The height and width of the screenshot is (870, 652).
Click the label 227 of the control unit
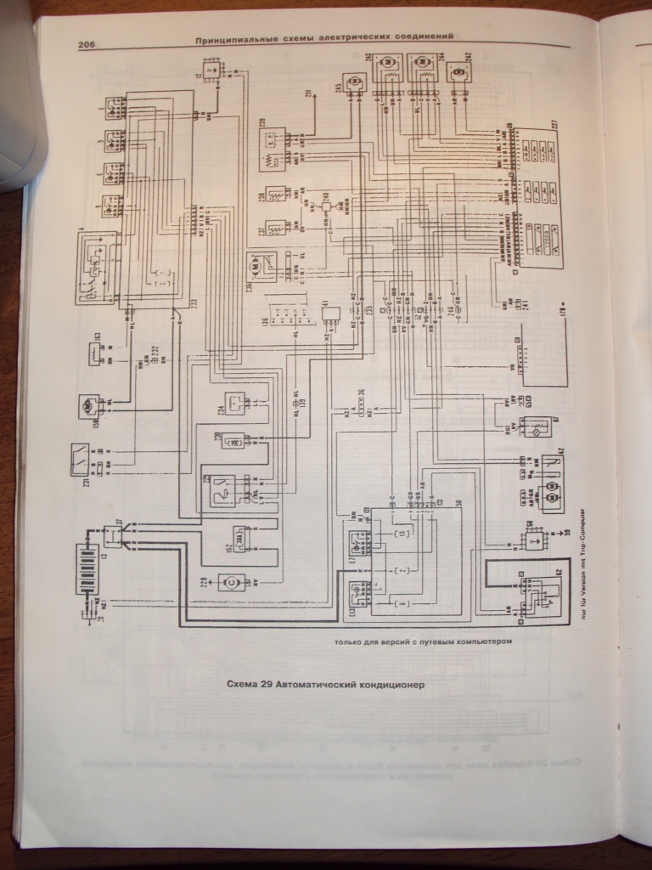(554, 127)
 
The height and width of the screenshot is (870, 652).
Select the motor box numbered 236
(260, 265)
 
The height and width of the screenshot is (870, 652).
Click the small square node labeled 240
(327, 207)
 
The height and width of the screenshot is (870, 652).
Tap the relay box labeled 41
(330, 314)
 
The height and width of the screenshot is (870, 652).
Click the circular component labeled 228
(229, 583)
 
